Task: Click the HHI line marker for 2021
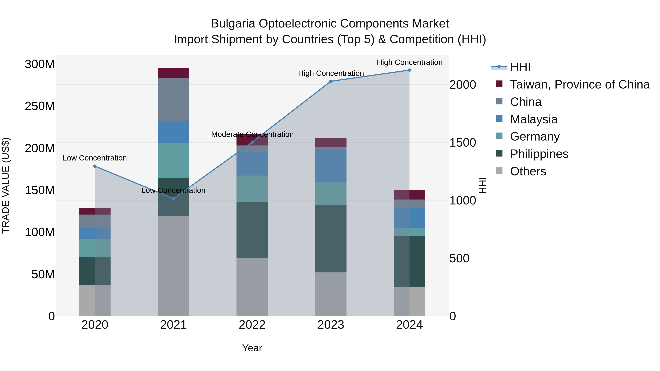pyautogui.click(x=173, y=198)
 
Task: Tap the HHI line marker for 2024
pyautogui.click(x=409, y=70)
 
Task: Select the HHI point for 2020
pyautogui.click(x=95, y=166)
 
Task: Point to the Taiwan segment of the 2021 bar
pyautogui.click(x=173, y=73)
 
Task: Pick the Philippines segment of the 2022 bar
pyautogui.click(x=252, y=230)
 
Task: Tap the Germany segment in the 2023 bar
pyautogui.click(x=331, y=194)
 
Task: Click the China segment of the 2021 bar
pyautogui.click(x=173, y=99)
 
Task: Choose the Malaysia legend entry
pyautogui.click(x=533, y=119)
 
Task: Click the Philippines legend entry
pyautogui.click(x=539, y=154)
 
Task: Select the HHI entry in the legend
pyautogui.click(x=520, y=67)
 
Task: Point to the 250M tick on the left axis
pyautogui.click(x=40, y=106)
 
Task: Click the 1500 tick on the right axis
pyautogui.click(x=463, y=143)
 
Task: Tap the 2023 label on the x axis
pyautogui.click(x=331, y=325)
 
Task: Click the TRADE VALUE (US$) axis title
pyautogui.click(x=6, y=185)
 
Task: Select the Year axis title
pyautogui.click(x=252, y=348)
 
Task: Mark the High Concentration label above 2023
pyautogui.click(x=331, y=73)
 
